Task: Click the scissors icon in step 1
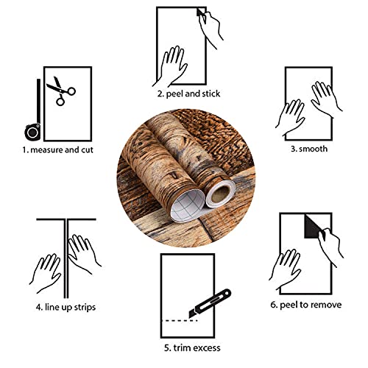click(x=60, y=93)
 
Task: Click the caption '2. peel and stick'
click(x=188, y=93)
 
